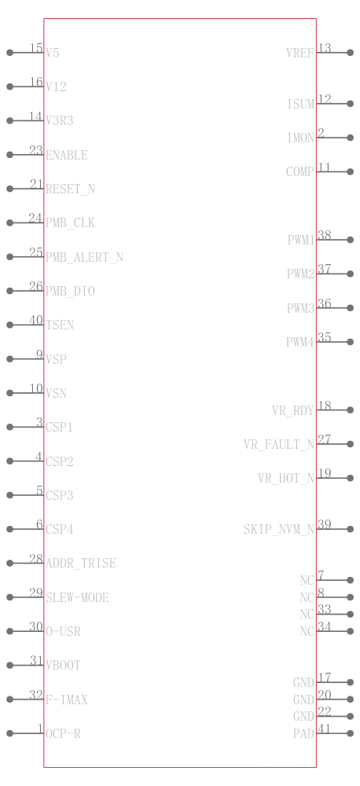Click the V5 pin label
[53, 53]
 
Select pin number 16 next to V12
[36, 82]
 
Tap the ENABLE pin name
[67, 156]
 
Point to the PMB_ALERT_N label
[84, 258]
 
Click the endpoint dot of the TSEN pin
[9, 325]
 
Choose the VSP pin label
[56, 359]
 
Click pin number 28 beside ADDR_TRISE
[36, 558]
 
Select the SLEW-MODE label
[77, 597]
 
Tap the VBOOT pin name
[63, 665]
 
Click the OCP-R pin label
[63, 734]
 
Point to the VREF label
[300, 53]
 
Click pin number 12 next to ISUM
[325, 99]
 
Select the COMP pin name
[299, 172]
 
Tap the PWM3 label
[300, 308]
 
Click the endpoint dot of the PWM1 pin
[351, 240]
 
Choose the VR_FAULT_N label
[279, 445]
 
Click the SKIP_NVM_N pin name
[279, 529]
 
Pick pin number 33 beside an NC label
[325, 609]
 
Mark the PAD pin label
[304, 734]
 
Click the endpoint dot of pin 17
[351, 682]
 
